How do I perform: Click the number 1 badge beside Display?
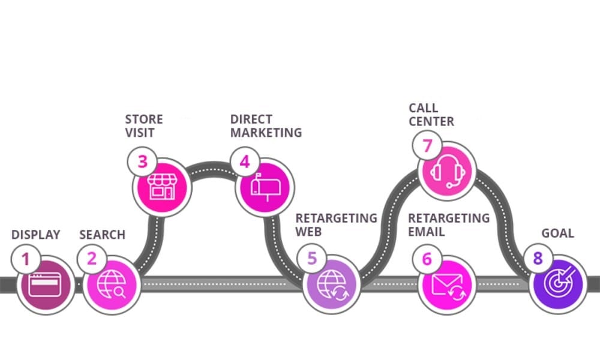pyautogui.click(x=25, y=259)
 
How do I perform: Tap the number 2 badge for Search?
pyautogui.click(x=91, y=259)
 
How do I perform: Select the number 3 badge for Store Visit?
pyautogui.click(x=142, y=162)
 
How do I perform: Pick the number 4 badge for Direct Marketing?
pyautogui.click(x=245, y=162)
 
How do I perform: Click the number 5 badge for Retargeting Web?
pyautogui.click(x=312, y=259)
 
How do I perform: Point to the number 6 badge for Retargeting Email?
pyautogui.click(x=427, y=259)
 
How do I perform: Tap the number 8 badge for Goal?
pyautogui.click(x=538, y=259)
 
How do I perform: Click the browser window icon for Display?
pyautogui.click(x=46, y=284)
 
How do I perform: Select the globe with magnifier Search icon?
pyautogui.click(x=111, y=284)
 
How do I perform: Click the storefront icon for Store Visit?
pyautogui.click(x=162, y=187)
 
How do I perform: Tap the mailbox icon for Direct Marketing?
pyautogui.click(x=265, y=187)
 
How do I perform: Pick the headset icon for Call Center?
pyautogui.click(x=448, y=172)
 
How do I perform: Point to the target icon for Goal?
pyautogui.click(x=558, y=284)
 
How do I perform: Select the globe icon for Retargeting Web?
pyautogui.click(x=332, y=284)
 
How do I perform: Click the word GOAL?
pyautogui.click(x=557, y=233)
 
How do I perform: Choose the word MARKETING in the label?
pyautogui.click(x=266, y=132)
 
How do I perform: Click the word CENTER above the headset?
pyautogui.click(x=431, y=121)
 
